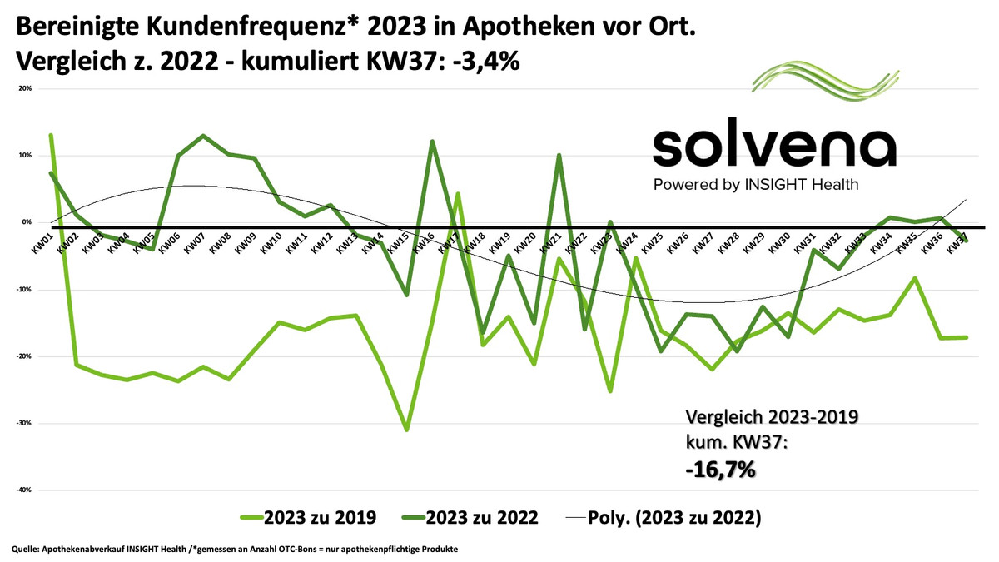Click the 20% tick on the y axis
[x=25, y=88]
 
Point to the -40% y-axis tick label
[x=24, y=490]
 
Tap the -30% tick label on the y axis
[x=24, y=423]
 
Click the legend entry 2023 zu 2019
[x=320, y=517]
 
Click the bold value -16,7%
[x=719, y=470]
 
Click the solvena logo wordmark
[x=774, y=148]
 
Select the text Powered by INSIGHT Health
[x=756, y=184]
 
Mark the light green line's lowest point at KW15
[x=406, y=430]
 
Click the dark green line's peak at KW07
[x=203, y=135]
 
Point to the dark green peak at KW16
[x=432, y=142]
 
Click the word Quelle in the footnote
[x=25, y=549]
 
